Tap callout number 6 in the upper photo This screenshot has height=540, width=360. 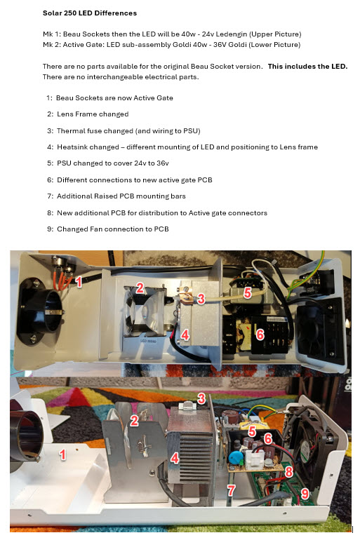point(260,335)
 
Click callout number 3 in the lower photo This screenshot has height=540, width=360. point(201,398)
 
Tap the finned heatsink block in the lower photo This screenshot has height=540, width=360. point(186,449)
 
